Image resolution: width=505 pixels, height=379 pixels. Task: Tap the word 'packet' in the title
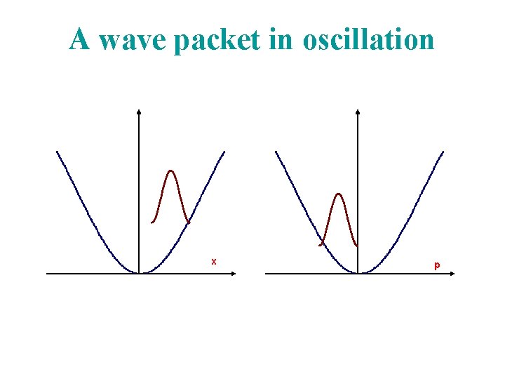pyautogui.click(x=217, y=41)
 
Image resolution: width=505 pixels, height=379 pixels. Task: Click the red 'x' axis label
pyautogui.click(x=214, y=262)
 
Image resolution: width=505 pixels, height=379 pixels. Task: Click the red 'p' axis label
pyautogui.click(x=437, y=265)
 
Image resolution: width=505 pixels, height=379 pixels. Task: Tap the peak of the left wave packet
pyautogui.click(x=170, y=171)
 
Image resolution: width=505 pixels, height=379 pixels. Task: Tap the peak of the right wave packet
pyautogui.click(x=339, y=194)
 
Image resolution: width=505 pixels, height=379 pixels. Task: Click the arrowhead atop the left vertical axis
pyautogui.click(x=139, y=112)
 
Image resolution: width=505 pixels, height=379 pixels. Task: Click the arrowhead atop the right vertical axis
pyautogui.click(x=358, y=112)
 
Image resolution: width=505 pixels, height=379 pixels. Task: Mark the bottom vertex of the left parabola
pyautogui.click(x=139, y=273)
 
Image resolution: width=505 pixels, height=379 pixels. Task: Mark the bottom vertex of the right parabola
pyautogui.click(x=358, y=273)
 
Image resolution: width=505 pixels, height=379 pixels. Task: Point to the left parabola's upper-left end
pyautogui.click(x=58, y=152)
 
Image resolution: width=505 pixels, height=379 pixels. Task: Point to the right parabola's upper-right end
pyautogui.click(x=443, y=152)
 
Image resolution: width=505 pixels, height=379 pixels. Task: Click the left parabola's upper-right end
pyautogui.click(x=224, y=152)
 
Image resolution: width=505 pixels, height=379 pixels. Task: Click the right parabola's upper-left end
pyautogui.click(x=276, y=152)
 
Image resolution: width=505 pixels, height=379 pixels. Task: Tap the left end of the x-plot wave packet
pyautogui.click(x=152, y=222)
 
